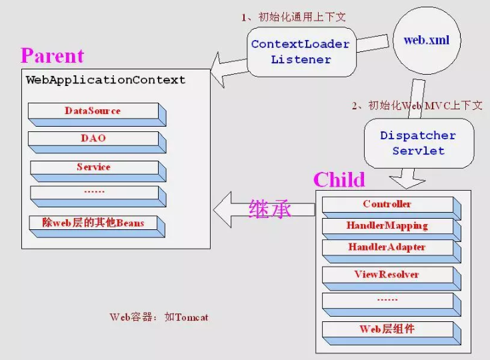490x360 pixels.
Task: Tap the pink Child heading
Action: click(x=339, y=179)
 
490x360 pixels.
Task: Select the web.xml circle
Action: click(x=427, y=41)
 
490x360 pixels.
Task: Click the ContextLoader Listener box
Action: click(x=300, y=52)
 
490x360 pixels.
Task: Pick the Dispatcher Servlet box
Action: click(x=418, y=143)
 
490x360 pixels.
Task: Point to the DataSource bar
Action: click(x=93, y=111)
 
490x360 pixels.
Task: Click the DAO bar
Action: click(x=93, y=139)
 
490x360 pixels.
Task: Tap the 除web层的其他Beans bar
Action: click(x=93, y=223)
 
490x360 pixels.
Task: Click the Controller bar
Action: click(x=387, y=205)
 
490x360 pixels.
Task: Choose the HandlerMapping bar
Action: click(x=387, y=226)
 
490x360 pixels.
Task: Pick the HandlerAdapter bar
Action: click(x=387, y=247)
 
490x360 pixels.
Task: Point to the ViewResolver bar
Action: click(x=387, y=275)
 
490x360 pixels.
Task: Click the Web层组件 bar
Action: click(x=387, y=329)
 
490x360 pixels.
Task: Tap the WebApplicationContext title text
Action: click(x=105, y=80)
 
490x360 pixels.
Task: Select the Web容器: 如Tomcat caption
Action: click(x=159, y=317)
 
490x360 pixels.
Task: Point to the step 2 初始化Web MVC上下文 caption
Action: click(x=417, y=105)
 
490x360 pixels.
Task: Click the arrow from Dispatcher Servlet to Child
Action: click(x=406, y=177)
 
